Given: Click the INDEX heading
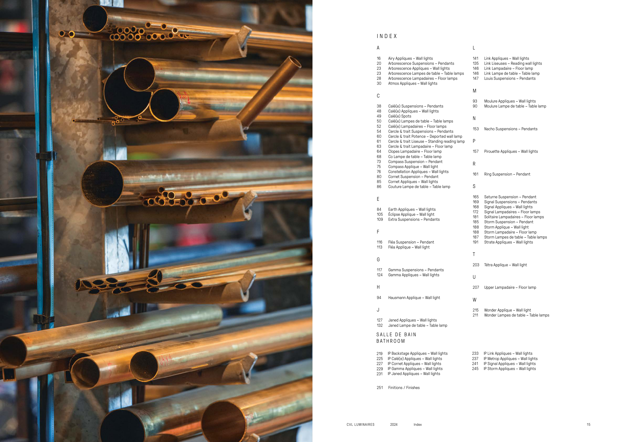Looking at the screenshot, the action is click(x=387, y=36).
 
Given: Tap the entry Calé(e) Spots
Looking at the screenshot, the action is click(x=399, y=116).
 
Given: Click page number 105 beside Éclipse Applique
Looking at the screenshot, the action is click(x=380, y=214).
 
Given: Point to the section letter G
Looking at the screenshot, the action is click(x=378, y=260).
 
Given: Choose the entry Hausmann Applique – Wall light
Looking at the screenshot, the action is click(x=414, y=298).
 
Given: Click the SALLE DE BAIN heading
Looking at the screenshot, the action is click(x=396, y=334).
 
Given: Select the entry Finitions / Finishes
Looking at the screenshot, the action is click(x=404, y=387).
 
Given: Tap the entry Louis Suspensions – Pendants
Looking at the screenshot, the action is click(x=510, y=78).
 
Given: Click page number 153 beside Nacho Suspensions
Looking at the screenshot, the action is click(x=475, y=129).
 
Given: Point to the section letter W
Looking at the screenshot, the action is click(x=474, y=300).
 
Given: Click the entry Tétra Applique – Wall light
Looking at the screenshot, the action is click(x=505, y=265).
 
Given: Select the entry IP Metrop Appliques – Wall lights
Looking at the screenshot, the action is click(x=511, y=359).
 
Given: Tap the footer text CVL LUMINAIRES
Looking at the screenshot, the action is click(x=360, y=424).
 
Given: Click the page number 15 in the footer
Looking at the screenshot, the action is click(x=588, y=424).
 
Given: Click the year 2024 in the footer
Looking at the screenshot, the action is click(x=393, y=424).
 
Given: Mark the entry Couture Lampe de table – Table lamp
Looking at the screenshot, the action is click(x=419, y=187).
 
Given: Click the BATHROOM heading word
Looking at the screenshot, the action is click(x=390, y=341).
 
